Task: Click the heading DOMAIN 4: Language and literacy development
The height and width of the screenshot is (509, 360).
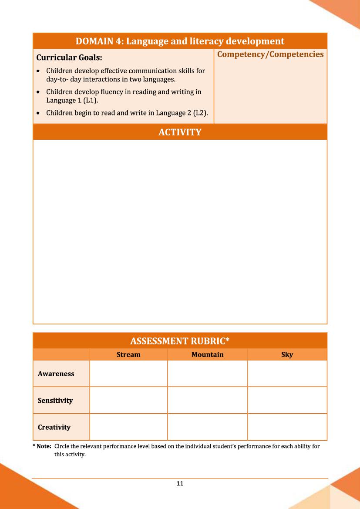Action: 180,41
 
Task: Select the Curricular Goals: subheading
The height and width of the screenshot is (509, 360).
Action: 69,57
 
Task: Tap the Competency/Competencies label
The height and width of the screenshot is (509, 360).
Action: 270,54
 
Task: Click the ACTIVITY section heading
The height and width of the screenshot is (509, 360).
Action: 180,132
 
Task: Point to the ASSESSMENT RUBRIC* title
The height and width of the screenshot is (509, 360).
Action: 180,341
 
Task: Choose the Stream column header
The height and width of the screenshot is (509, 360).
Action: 128,354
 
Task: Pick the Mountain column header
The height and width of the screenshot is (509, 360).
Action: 207,354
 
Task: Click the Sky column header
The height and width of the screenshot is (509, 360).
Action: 287,354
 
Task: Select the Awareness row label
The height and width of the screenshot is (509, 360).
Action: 56,374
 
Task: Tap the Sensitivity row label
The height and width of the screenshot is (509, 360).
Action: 55,401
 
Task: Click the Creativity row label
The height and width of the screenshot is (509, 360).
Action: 54,427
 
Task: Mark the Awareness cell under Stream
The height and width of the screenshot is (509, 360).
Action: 128,374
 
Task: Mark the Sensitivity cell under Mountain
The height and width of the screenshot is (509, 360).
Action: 207,401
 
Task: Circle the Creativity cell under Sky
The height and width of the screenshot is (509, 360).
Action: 287,427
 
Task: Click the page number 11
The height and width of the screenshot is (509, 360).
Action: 180,483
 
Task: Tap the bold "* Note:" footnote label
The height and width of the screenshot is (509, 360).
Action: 42,446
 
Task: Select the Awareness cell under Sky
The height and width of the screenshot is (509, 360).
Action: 287,374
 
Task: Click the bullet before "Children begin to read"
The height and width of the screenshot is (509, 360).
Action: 39,113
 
